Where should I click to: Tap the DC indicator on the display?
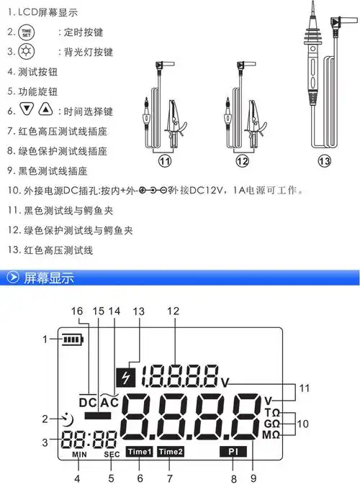[87, 404]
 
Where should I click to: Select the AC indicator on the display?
[109, 403]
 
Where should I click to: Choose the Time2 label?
[171, 452]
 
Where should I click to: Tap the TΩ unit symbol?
[272, 413]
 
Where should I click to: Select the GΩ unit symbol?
[272, 424]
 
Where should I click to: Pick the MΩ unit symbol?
[272, 435]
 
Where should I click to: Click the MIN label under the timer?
[78, 455]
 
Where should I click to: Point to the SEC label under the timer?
[112, 455]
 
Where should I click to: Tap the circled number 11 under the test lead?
[166, 161]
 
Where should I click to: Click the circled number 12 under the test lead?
[242, 161]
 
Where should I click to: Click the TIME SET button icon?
[27, 33]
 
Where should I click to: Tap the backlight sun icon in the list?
[27, 53]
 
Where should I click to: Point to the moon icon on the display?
[67, 418]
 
